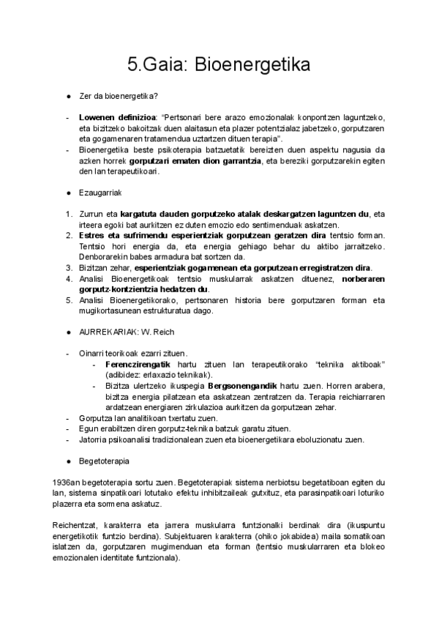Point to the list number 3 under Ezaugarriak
point(67,267)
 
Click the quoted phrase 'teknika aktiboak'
point(353,365)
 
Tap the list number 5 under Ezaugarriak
point(67,300)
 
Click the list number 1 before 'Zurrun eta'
point(67,214)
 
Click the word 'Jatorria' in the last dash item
point(94,439)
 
